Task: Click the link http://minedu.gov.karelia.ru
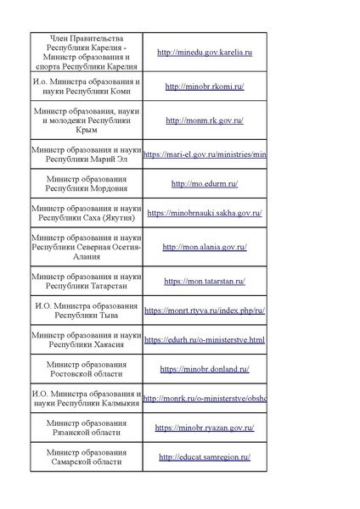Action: (205, 53)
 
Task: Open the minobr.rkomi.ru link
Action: (205, 86)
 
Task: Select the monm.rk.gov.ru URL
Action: (205, 120)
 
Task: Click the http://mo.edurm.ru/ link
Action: (205, 183)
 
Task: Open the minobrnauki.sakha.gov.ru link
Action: (205, 213)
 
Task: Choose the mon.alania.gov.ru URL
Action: (205, 247)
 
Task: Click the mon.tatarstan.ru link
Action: (205, 281)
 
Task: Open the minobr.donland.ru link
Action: (205, 370)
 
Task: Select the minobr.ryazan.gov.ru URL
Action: (205, 428)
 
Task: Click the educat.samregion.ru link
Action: (205, 457)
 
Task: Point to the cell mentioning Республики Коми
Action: (86, 86)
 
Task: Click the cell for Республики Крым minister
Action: (86, 120)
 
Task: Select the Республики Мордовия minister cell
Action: (86, 183)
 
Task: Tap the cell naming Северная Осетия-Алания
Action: (86, 247)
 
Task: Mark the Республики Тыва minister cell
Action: (86, 310)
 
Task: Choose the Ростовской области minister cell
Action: (86, 370)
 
